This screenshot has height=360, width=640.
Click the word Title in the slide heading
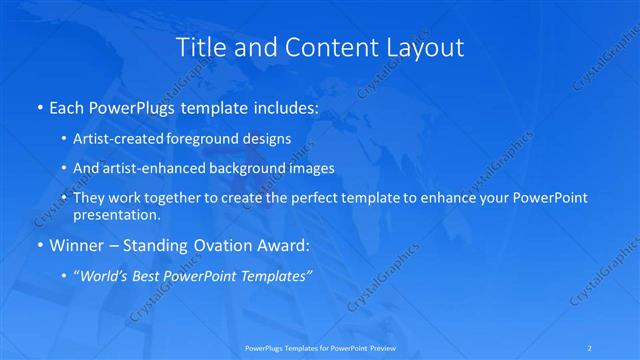coord(199,47)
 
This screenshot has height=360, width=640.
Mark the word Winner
coord(72,244)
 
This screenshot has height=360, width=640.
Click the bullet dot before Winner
coord(39,245)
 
